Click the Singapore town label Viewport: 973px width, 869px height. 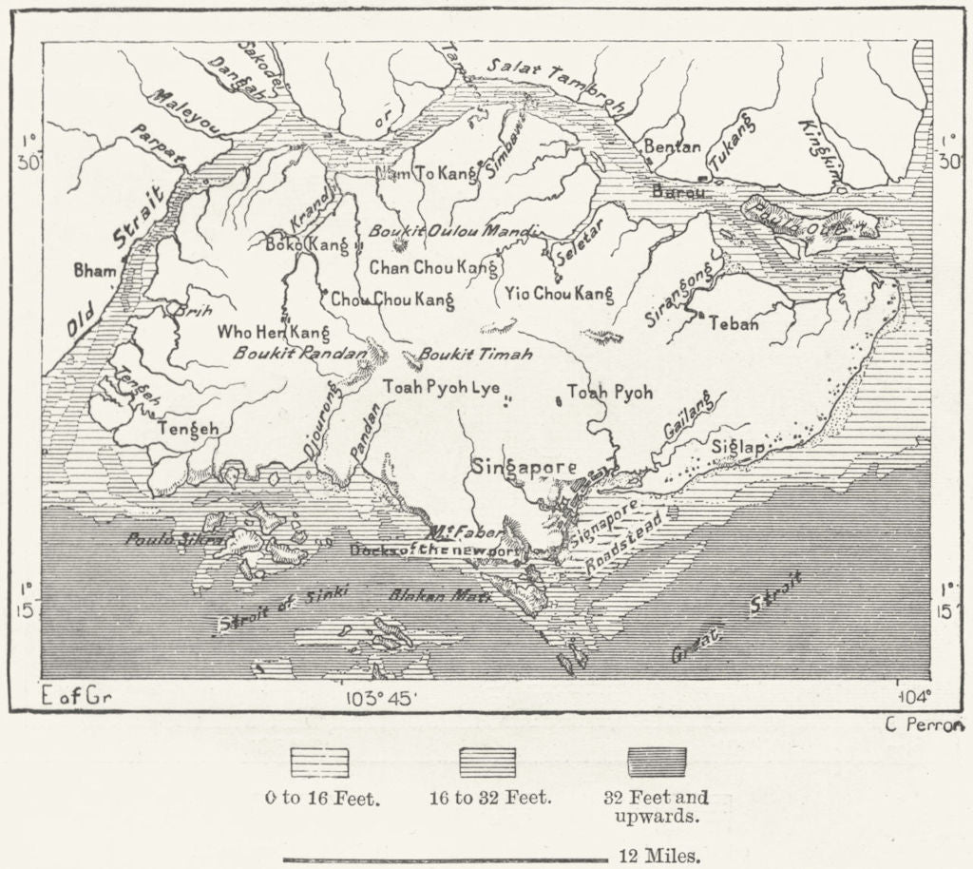click(x=523, y=468)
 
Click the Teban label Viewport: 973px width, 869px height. click(x=734, y=324)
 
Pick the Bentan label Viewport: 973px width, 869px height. click(x=672, y=147)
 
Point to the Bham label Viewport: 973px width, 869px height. click(x=95, y=271)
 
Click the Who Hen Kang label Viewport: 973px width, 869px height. click(x=274, y=332)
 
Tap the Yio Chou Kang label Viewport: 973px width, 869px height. click(x=558, y=294)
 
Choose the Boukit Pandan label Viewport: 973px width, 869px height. click(x=299, y=352)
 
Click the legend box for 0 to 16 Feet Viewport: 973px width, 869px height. click(x=321, y=763)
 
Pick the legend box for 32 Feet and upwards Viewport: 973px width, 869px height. click(x=657, y=763)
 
